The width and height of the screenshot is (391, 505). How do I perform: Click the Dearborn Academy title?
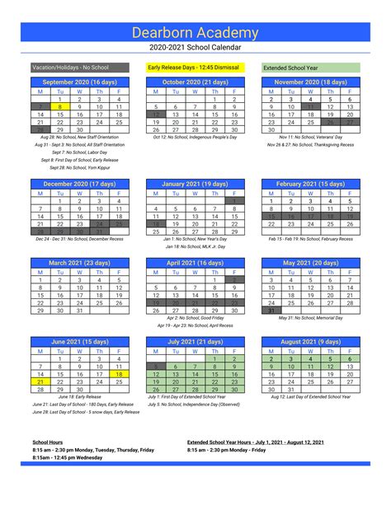(195, 31)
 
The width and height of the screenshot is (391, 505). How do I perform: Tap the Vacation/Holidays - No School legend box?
(79, 67)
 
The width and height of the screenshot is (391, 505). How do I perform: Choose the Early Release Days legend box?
(195, 67)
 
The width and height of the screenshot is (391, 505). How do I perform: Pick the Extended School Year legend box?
(310, 67)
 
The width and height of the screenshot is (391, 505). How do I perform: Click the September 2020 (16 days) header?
(79, 82)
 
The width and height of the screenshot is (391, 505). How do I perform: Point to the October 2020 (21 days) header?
(195, 82)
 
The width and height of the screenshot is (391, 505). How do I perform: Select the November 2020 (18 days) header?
(310, 82)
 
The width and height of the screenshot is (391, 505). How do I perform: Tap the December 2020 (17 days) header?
(79, 184)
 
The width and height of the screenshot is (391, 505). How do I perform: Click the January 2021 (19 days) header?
(195, 184)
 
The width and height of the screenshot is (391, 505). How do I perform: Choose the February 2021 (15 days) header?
(310, 184)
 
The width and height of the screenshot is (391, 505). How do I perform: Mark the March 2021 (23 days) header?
(79, 263)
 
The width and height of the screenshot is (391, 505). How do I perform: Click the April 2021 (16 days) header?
(195, 263)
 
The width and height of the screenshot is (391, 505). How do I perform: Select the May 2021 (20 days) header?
(310, 263)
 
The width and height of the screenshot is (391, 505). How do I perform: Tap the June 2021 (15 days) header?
(79, 342)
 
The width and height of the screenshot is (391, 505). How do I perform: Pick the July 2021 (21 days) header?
(195, 342)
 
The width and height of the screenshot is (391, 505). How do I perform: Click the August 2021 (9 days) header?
(310, 342)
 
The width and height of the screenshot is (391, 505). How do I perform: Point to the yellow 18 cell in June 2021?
(119, 374)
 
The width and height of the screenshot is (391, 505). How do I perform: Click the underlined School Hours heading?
(49, 443)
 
